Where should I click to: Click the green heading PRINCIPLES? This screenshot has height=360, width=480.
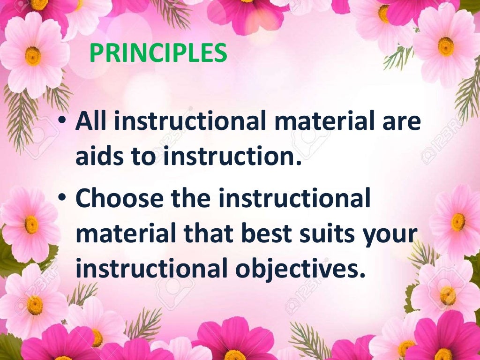(x=158, y=53)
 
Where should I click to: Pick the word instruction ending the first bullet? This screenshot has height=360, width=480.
(x=232, y=157)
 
